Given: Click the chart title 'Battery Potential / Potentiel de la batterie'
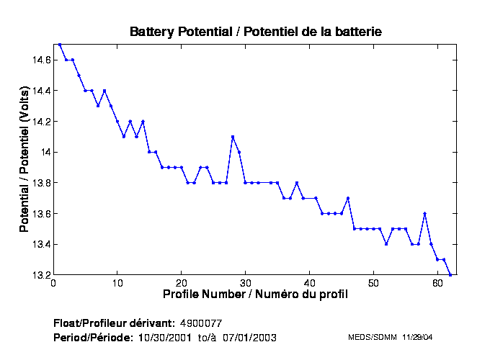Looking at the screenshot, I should pos(256,32).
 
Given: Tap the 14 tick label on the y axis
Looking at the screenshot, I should pos(45,152).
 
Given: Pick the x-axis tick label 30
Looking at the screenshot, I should pos(245,283).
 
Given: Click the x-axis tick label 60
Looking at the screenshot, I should pos(437,283).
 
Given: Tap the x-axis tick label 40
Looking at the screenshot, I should pos(309,283).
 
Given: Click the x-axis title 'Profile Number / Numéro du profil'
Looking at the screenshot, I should pos(255,294).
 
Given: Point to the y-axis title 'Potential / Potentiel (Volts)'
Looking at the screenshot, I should pos(24,160).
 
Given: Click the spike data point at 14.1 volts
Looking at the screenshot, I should pos(233,137).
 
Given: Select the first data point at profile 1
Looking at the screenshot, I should pos(60,45).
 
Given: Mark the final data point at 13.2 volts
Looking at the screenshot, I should pos(450,275).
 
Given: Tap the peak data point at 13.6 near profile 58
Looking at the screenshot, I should pos(425,214).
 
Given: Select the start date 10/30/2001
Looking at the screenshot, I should pos(163,337).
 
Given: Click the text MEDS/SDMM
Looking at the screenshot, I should pos(369,337).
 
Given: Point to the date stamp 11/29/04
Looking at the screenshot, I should pos(417,337).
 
